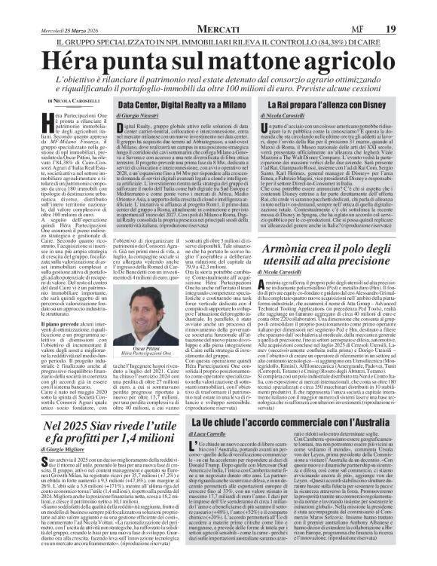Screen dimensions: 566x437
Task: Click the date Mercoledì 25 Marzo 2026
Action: (65, 10)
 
